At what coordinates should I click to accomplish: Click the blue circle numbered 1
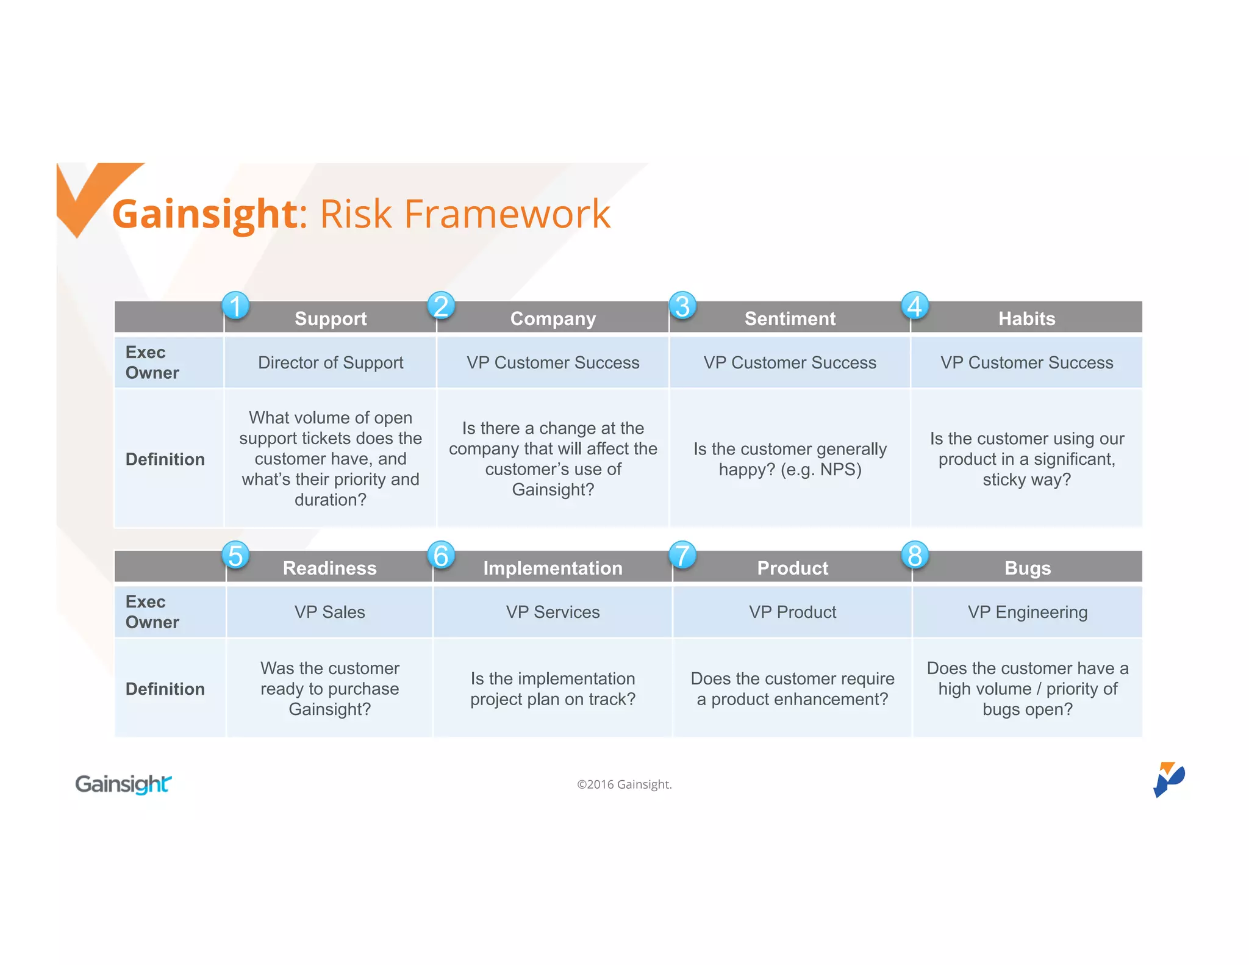click(235, 306)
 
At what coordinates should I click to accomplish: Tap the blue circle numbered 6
click(441, 555)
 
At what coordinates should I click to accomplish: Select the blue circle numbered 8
click(915, 555)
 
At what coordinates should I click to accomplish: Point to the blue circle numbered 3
click(682, 306)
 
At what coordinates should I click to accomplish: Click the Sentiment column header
click(790, 318)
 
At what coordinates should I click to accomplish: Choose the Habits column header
click(1026, 318)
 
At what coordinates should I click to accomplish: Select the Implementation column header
click(553, 568)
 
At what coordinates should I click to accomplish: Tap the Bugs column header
click(1028, 568)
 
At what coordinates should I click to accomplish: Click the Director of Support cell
click(331, 362)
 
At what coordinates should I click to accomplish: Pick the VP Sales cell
click(329, 612)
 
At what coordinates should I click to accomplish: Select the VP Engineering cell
click(1028, 612)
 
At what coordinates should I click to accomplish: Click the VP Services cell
click(553, 612)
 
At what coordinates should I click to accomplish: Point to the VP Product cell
click(792, 612)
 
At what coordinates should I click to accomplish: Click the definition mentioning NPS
click(790, 459)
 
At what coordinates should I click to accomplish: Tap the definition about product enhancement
click(792, 689)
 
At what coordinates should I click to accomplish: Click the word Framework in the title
click(507, 214)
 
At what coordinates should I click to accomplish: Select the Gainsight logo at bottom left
click(123, 784)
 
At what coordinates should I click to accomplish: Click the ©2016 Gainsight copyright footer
click(624, 784)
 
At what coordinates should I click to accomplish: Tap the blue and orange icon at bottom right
click(1168, 779)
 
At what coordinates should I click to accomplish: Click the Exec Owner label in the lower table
click(152, 612)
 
